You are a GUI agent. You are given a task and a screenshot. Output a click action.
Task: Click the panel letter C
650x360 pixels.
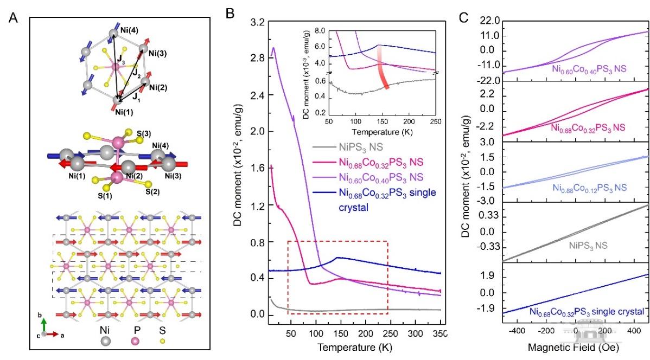464,17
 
